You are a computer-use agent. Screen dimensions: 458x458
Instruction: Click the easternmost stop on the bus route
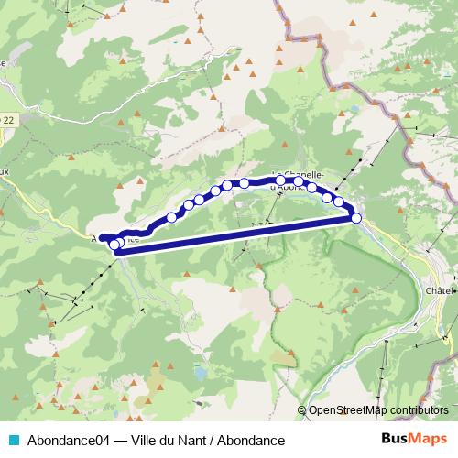[356, 217]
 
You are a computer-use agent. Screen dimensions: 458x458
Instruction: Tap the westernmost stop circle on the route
[114, 245]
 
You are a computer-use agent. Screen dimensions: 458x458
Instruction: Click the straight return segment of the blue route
[238, 230]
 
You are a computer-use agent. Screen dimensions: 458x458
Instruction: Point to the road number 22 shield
[8, 119]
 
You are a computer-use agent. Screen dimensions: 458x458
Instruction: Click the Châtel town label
[441, 290]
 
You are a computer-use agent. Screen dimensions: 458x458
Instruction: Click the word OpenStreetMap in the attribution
[349, 410]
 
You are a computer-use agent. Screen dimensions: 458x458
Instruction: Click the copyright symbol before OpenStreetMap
[302, 410]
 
